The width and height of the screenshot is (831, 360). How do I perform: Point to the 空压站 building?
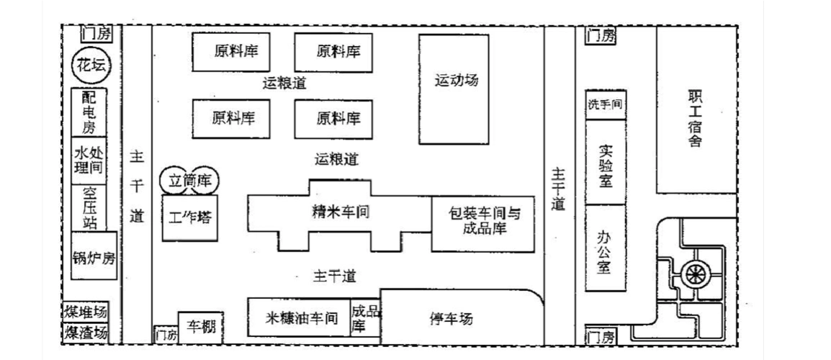point(89,207)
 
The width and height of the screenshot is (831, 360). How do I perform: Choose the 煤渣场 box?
point(86,333)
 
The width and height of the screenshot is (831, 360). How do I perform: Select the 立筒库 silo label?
point(189,179)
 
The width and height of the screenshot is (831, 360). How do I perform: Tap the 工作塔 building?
point(190,217)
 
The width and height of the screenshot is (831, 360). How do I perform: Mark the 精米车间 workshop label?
point(336,211)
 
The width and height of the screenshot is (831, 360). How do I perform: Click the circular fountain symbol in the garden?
point(695,274)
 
